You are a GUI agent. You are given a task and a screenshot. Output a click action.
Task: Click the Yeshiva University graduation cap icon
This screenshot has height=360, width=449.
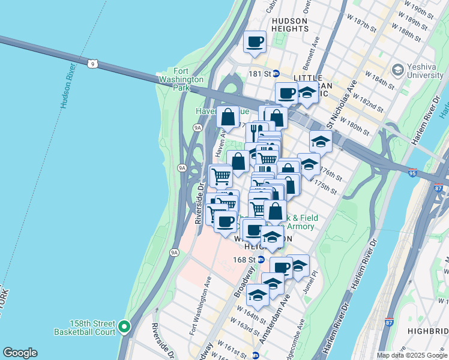pos(397,70)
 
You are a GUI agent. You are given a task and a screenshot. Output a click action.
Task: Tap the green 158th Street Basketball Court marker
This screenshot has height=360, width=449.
pos(124,326)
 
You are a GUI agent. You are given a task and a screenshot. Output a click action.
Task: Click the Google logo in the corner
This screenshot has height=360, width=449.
pos(20,353)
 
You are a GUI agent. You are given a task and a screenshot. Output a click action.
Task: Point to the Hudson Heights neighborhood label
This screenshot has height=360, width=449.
pos(289,25)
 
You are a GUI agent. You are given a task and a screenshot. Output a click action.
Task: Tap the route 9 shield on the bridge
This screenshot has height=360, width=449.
pos(91,63)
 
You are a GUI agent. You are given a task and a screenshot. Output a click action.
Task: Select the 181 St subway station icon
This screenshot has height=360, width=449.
pos(276,73)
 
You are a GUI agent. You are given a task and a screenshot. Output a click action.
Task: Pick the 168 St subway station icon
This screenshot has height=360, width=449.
pos(261,260)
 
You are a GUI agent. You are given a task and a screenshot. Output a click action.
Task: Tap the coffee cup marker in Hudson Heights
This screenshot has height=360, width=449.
pos(255,42)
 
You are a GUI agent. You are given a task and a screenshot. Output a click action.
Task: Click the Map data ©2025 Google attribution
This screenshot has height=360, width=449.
pos(412,355)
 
